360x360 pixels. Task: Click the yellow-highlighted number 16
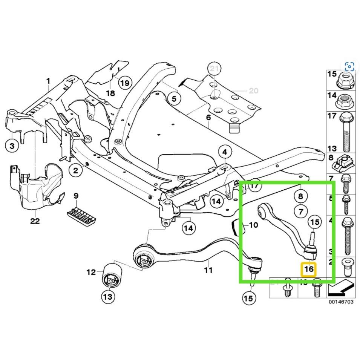pos(308,269)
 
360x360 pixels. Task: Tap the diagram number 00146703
pos(340,302)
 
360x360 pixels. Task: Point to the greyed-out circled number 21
pos(214,69)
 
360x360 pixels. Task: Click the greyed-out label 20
pos(253,90)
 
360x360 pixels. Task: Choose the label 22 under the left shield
pos(35,221)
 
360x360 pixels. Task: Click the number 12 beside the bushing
pos(92,271)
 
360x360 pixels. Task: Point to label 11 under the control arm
pos(208,270)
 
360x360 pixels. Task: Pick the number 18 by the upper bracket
pos(110,93)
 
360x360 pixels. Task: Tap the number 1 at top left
pos(48,81)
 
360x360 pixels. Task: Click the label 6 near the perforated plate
pos(208,118)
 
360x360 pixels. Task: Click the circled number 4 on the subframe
pos(225,152)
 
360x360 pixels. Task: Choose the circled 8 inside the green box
pos(300,196)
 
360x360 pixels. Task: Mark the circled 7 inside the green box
pos(300,211)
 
